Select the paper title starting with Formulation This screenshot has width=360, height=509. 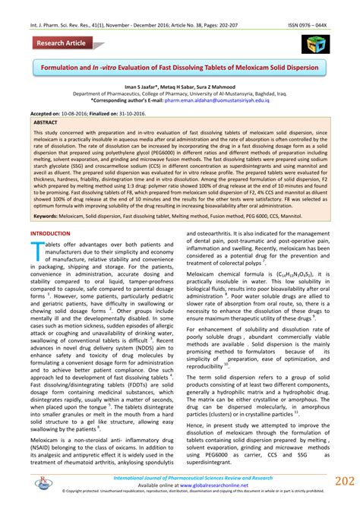pyautogui.click(x=180, y=68)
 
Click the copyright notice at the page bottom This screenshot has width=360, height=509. pyautogui.click(x=179, y=492)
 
